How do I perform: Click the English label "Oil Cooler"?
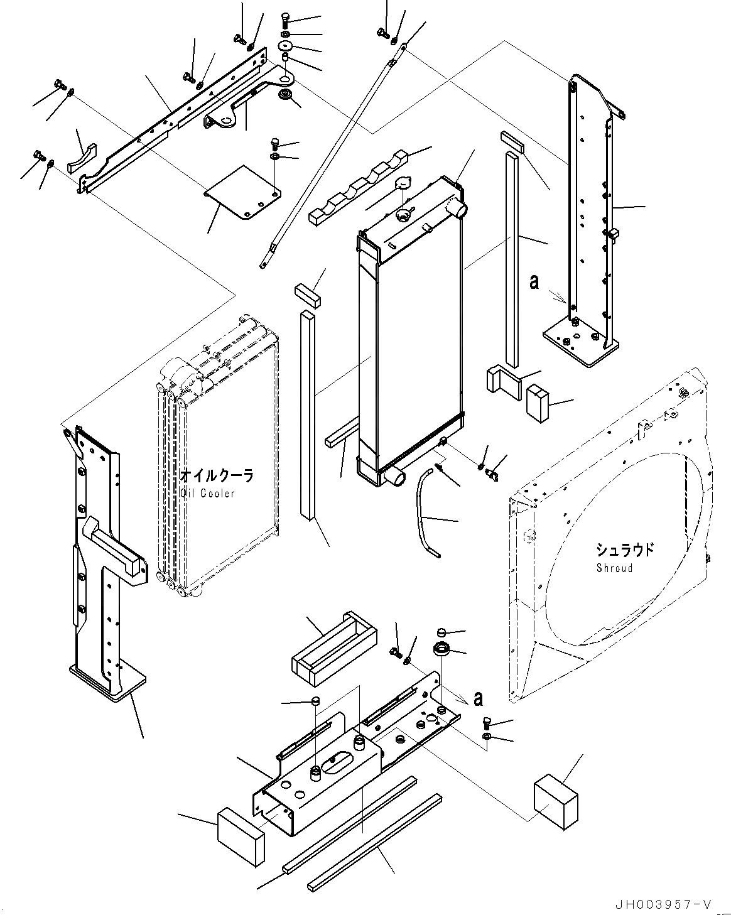(207, 493)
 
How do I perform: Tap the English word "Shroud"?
(615, 568)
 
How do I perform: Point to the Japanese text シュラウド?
(624, 551)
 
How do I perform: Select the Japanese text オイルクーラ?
(217, 476)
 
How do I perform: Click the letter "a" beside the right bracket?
(534, 283)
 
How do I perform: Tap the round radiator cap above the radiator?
(403, 183)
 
